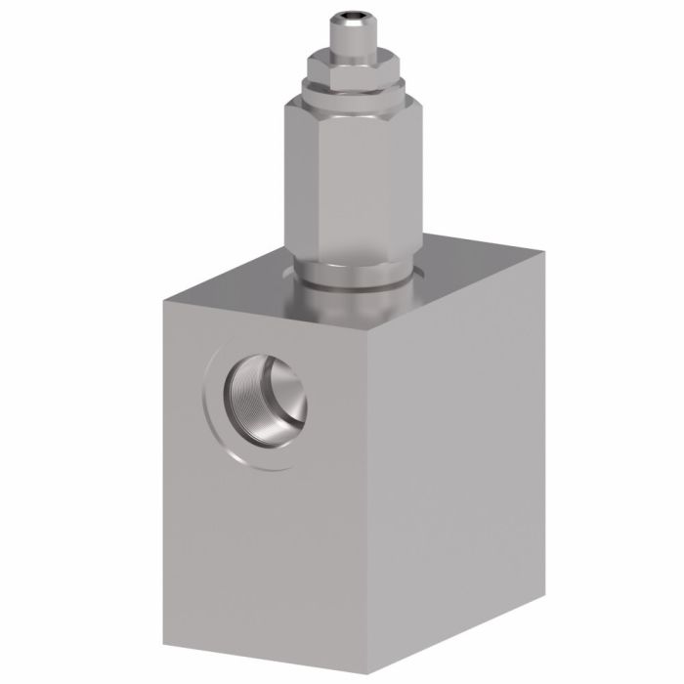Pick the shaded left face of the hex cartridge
(301, 181)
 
